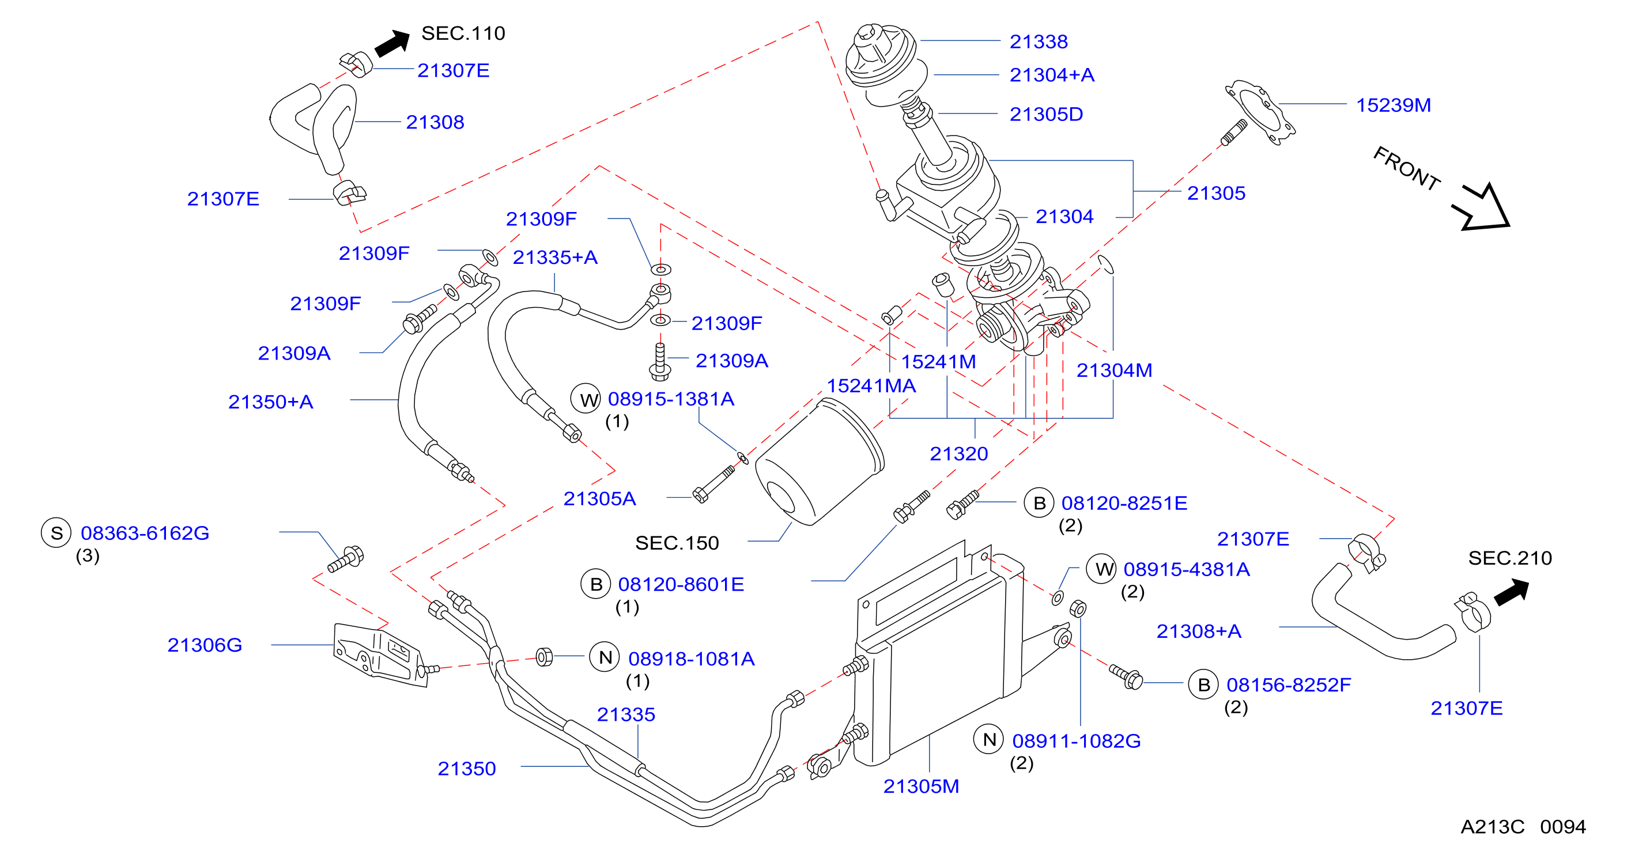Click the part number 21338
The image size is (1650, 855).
[x=1039, y=41]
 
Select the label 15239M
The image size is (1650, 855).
[x=1393, y=105]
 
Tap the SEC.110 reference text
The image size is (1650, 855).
[x=463, y=33]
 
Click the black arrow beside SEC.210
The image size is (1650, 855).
[x=1512, y=592]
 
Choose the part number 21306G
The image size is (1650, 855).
[x=205, y=645]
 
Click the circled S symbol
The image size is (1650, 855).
[x=56, y=533]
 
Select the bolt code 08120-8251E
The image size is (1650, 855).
[x=1124, y=504]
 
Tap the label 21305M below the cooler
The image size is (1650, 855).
[x=921, y=786]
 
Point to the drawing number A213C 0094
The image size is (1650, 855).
[x=1523, y=827]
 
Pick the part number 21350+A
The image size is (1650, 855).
[x=270, y=402]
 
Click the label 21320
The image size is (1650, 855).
[x=959, y=454]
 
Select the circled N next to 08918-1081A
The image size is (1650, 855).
[x=605, y=657]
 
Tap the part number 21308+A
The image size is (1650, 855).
[x=1198, y=631]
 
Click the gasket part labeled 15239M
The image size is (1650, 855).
[x=1260, y=113]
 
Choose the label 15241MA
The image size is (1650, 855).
[x=871, y=386]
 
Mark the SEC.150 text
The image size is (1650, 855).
[x=677, y=543]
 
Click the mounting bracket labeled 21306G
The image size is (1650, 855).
[x=380, y=654]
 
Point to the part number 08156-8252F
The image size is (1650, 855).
[x=1289, y=685]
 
